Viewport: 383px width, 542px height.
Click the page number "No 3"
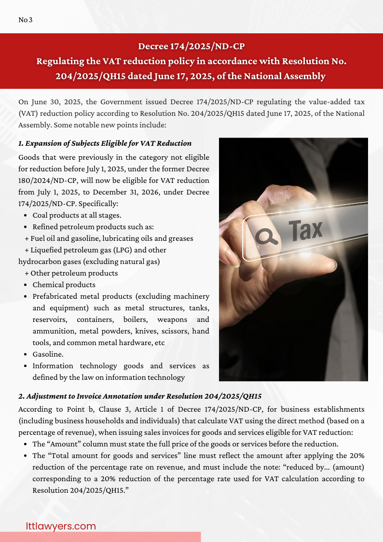(x=25, y=20)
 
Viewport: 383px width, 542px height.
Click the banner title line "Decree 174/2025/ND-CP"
(x=191, y=46)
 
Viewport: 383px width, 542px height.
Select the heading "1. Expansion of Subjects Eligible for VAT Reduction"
(x=105, y=143)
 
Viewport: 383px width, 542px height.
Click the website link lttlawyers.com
(x=61, y=526)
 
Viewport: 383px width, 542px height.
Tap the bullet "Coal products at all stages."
(x=77, y=215)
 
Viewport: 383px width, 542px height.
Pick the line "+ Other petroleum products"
(x=71, y=273)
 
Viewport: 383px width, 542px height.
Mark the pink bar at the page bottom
(x=100, y=537)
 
